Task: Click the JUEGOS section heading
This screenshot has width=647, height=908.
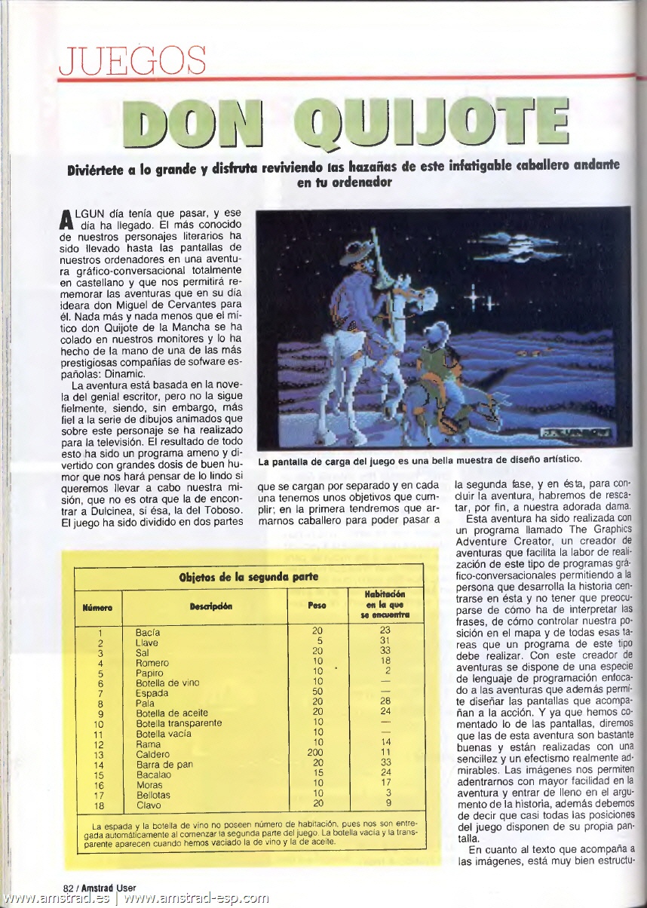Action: point(133,61)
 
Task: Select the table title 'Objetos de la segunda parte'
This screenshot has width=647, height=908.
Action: point(248,577)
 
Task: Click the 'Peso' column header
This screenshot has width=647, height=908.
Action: point(317,605)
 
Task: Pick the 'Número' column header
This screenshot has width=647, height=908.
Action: point(98,606)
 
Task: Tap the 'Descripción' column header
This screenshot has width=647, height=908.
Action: point(210,605)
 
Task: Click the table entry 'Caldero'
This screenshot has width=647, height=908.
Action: point(152,754)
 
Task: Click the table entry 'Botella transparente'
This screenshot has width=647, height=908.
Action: point(179,723)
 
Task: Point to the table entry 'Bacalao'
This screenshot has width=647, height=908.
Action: point(153,775)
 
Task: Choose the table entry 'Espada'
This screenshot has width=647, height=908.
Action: point(152,692)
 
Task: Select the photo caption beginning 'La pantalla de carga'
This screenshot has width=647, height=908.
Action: point(419,459)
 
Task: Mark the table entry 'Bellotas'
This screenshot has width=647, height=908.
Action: point(153,795)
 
